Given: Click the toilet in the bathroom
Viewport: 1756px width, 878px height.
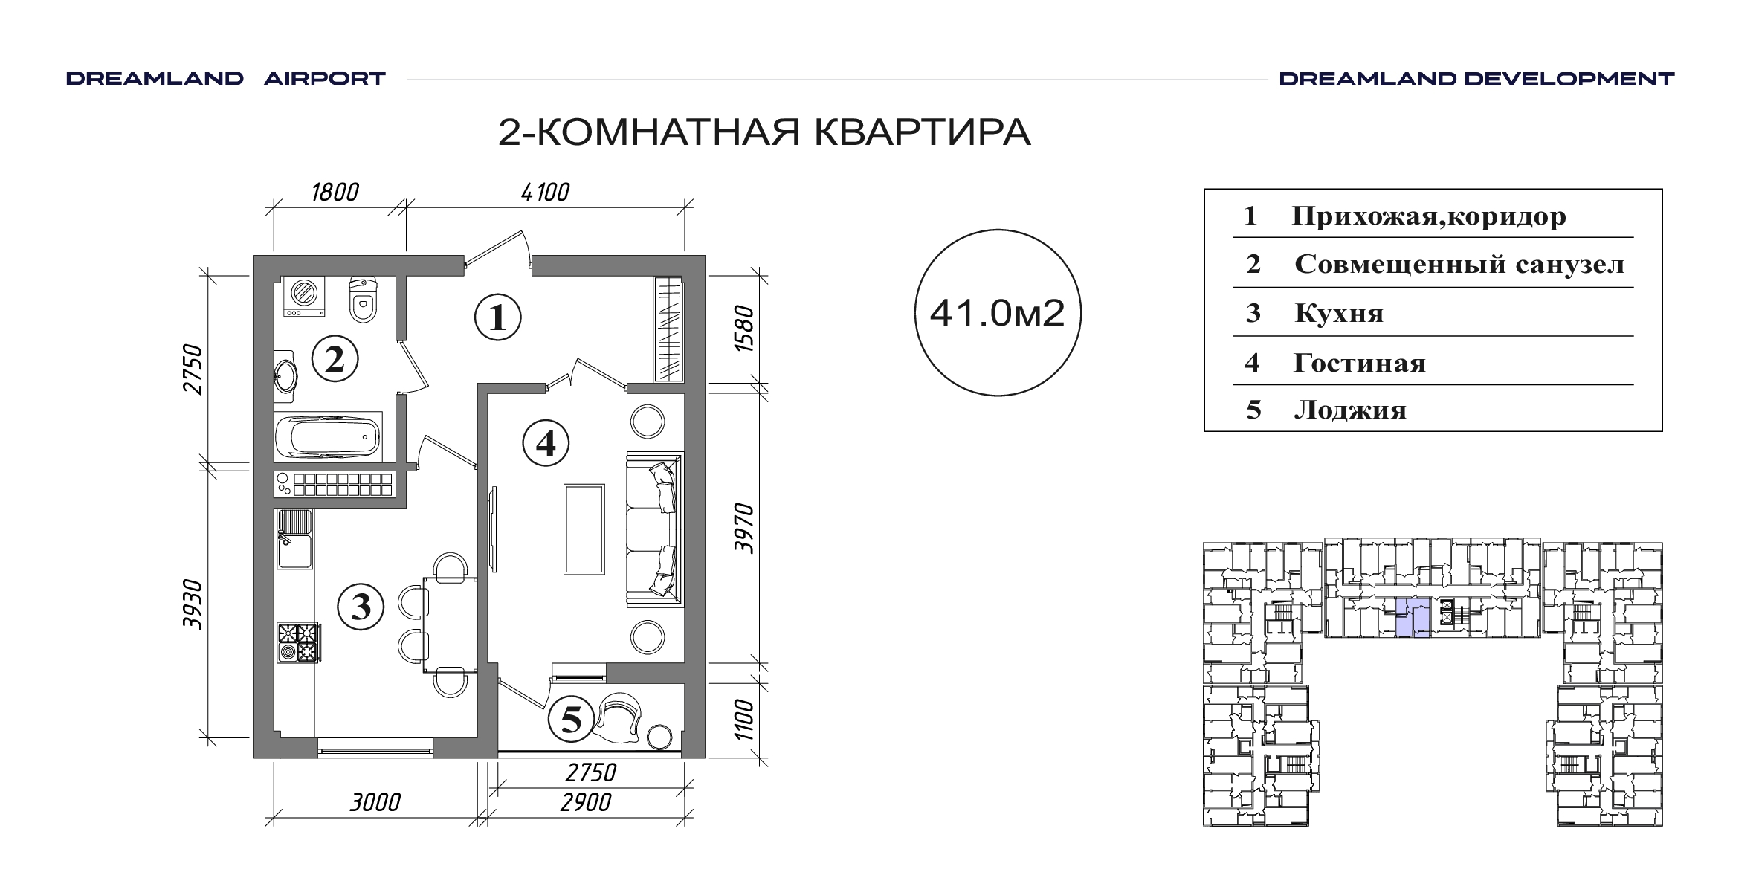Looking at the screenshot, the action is [x=363, y=300].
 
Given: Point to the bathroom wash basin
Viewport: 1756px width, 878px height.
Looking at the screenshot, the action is [x=285, y=376].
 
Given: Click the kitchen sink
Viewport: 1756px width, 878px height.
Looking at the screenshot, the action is [x=295, y=539].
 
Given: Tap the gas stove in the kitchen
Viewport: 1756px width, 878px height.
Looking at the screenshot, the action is [x=298, y=642].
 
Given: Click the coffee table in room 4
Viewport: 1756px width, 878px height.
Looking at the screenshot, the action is [x=584, y=529].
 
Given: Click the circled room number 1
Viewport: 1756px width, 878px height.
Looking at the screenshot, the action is [x=497, y=318].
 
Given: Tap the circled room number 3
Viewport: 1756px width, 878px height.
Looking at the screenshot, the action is [x=361, y=607].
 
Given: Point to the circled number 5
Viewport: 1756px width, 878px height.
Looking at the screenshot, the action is [x=571, y=719].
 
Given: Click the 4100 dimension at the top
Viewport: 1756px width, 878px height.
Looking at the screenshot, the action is [x=545, y=193].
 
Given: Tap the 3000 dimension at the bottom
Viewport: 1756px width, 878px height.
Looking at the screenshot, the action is [x=375, y=802].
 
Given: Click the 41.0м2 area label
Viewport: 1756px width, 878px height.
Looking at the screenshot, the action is [x=998, y=314].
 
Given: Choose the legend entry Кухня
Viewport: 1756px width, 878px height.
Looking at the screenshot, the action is [x=1339, y=314].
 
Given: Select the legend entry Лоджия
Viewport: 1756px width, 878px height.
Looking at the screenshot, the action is [x=1350, y=410].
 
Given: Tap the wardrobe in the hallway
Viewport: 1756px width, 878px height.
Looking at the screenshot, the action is [x=668, y=329].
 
